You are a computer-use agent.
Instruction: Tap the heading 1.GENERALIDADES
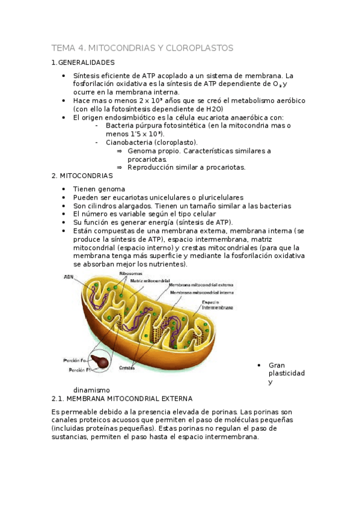pyautogui.click(x=83, y=63)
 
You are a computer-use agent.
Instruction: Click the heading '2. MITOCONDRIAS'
pyautogui.click(x=82, y=176)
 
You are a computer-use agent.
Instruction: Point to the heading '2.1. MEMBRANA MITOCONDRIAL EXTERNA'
pyautogui.click(x=122, y=398)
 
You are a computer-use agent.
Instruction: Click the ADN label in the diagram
pyautogui.click(x=69, y=277)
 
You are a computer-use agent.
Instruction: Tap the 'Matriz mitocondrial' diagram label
pyautogui.click(x=149, y=281)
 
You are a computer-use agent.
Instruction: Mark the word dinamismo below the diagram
pyautogui.click(x=91, y=389)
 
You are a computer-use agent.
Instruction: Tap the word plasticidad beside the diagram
pyautogui.click(x=286, y=373)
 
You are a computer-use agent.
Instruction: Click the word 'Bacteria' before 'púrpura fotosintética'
pyautogui.click(x=120, y=126)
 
